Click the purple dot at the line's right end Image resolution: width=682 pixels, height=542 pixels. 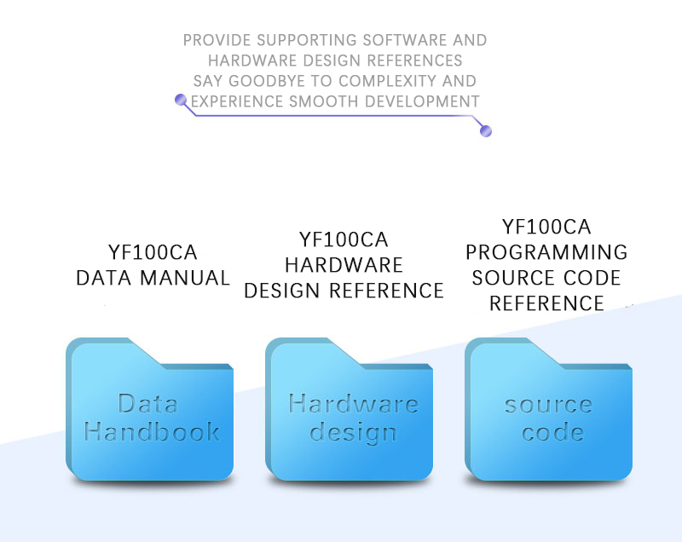click(487, 131)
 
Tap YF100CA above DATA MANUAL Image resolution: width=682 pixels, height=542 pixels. click(153, 253)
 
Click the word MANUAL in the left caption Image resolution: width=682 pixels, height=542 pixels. click(189, 278)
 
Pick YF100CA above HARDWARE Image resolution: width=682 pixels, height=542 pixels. click(344, 239)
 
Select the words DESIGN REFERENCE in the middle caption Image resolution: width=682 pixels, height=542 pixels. click(344, 291)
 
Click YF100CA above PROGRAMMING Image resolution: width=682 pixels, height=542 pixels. click(546, 228)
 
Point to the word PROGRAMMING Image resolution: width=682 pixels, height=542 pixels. click(546, 253)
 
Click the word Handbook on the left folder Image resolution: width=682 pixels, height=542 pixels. click(152, 431)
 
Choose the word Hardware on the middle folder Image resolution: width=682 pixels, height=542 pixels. click(353, 403)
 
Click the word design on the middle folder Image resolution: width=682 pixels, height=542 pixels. click(353, 432)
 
